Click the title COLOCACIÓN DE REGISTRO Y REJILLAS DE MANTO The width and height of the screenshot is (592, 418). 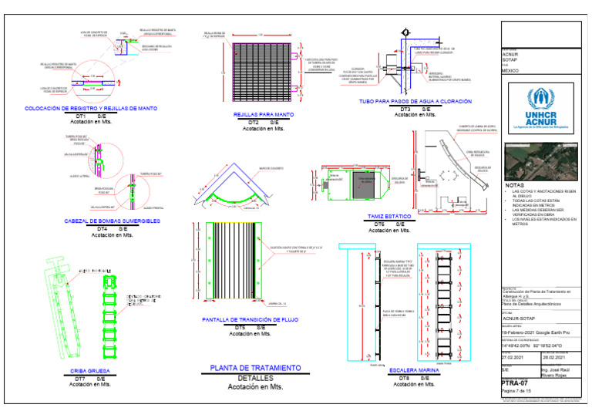(x=91, y=109)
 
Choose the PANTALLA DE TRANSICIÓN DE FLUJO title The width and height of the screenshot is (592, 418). (x=251, y=319)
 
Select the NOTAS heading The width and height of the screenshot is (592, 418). (x=514, y=186)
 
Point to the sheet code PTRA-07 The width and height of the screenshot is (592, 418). (x=514, y=383)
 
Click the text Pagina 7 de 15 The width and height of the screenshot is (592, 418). (x=517, y=392)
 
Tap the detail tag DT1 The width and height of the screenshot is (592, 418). (x=79, y=116)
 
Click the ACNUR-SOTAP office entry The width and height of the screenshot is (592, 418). (x=519, y=317)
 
